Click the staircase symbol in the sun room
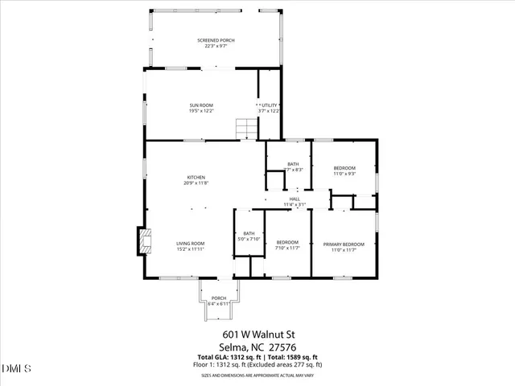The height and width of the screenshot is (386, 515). tap(245, 128)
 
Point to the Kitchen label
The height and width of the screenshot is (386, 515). tap(196, 178)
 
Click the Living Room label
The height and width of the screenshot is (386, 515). tap(192, 244)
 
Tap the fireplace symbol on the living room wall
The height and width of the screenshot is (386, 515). tap(142, 240)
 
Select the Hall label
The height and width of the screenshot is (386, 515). tap(295, 199)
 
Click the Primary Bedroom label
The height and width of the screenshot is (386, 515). tap(344, 244)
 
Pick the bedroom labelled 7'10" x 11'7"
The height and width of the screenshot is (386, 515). tap(287, 242)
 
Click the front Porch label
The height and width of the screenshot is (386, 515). tap(219, 298)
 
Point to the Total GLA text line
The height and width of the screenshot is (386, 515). tap(257, 357)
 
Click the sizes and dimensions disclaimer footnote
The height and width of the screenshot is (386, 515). tap(257, 375)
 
